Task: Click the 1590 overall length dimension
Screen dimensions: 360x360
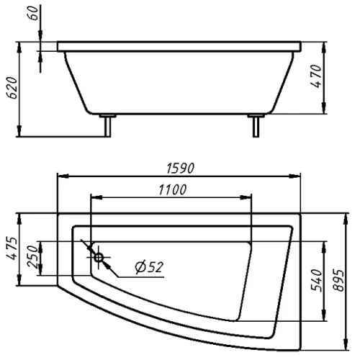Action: coord(180,168)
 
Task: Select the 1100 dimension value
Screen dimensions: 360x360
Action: coord(172,189)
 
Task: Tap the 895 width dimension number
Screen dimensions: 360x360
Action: coord(339,280)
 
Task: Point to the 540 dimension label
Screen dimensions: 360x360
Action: coord(316,280)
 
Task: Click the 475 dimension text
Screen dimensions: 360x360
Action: coord(12,248)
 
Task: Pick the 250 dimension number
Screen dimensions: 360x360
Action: coord(33,256)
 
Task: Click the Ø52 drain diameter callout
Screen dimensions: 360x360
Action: coord(149,266)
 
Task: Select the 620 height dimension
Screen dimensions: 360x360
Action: coord(12,88)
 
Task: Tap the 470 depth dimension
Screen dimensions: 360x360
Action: coord(316,76)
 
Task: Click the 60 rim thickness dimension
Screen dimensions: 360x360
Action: coord(33,13)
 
